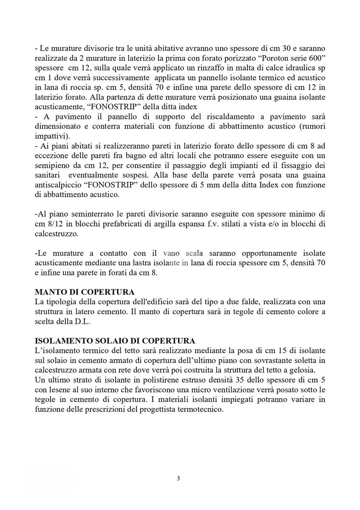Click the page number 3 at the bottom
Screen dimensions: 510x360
[x=179, y=479]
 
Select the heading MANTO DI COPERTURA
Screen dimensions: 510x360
[x=85, y=292]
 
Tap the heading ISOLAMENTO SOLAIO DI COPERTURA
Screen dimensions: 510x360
[x=115, y=341]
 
